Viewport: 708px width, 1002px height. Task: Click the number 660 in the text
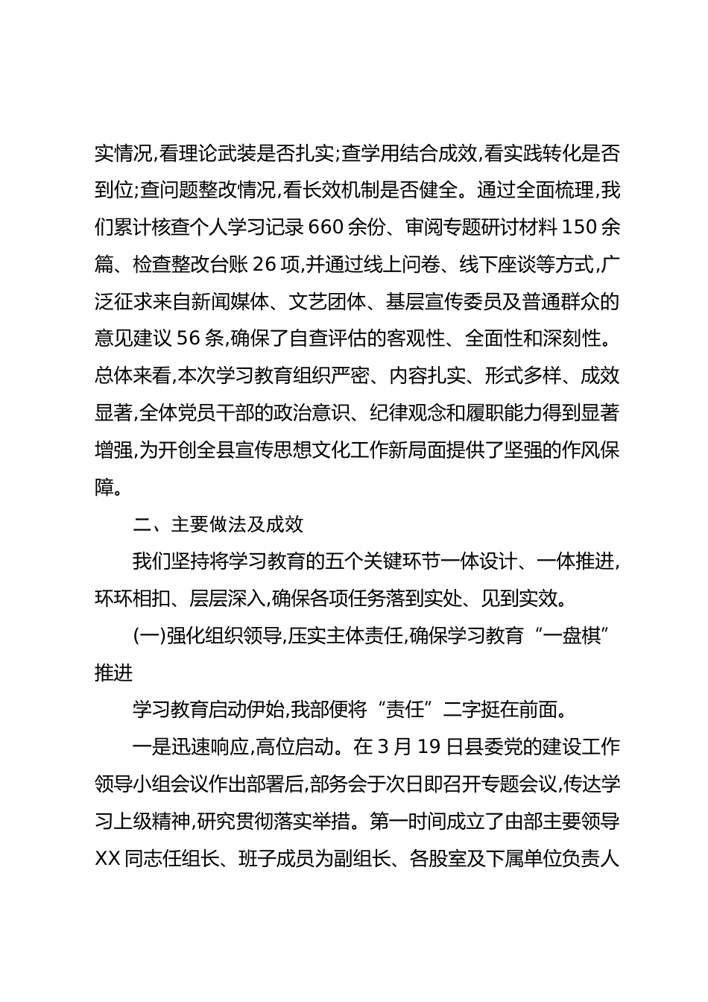click(323, 227)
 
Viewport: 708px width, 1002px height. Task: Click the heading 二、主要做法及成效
click(218, 524)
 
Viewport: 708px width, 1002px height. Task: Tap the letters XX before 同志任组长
click(109, 859)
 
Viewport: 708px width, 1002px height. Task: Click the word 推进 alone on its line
click(113, 672)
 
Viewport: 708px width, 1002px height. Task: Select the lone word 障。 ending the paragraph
click(109, 487)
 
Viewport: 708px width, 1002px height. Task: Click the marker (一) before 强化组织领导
click(148, 636)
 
